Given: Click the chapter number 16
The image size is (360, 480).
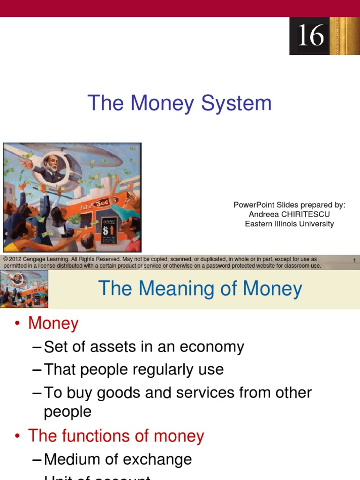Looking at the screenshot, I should pyautogui.click(x=311, y=36).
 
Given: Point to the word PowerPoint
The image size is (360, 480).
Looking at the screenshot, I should pyautogui.click(x=254, y=205).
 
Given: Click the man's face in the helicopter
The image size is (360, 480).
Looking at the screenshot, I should pyautogui.click(x=52, y=164).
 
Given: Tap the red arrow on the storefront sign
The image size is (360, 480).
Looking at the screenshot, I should pyautogui.click(x=112, y=231).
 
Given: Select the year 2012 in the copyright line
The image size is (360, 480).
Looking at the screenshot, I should pyautogui.click(x=16, y=259).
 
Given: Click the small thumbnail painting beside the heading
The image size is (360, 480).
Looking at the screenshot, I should pyautogui.click(x=24, y=289).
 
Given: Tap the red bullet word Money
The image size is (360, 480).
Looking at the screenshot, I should pyautogui.click(x=53, y=323).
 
